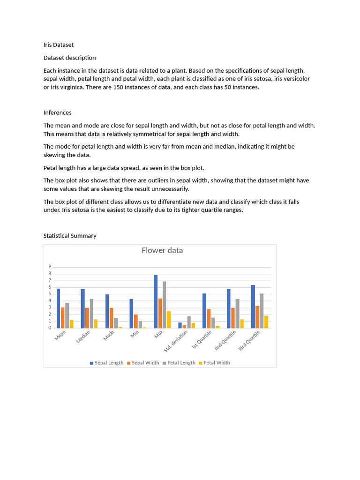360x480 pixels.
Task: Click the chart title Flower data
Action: click(x=162, y=250)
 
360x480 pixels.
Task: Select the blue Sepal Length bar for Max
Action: click(x=156, y=301)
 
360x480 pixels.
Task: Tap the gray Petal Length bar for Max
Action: click(x=164, y=305)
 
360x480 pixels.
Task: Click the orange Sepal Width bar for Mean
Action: click(x=63, y=317)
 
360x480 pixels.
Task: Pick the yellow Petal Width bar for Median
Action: click(x=96, y=323)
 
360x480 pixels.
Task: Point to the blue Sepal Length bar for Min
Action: click(x=131, y=313)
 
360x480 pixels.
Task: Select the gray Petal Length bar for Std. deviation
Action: click(x=189, y=322)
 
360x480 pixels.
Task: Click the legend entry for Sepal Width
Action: click(x=144, y=363)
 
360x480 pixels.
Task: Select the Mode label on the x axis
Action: click(x=109, y=336)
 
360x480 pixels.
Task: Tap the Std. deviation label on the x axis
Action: click(x=176, y=341)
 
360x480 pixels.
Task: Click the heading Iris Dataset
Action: click(x=59, y=45)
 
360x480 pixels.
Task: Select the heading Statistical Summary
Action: click(x=70, y=236)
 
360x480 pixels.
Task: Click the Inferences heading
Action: click(x=58, y=112)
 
